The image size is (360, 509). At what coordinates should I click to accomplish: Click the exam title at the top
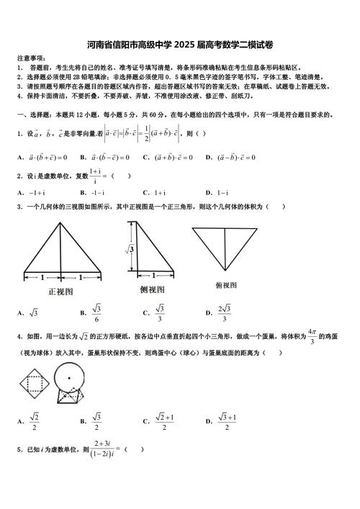point(180,43)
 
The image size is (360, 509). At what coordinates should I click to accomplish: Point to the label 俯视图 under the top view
point(227,285)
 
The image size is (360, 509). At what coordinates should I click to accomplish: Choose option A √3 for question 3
point(30,312)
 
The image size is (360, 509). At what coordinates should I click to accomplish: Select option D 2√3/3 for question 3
point(220,312)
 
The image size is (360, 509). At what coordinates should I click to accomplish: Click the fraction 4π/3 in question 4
point(312,336)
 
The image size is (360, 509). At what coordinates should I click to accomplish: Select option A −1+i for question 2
point(32,193)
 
